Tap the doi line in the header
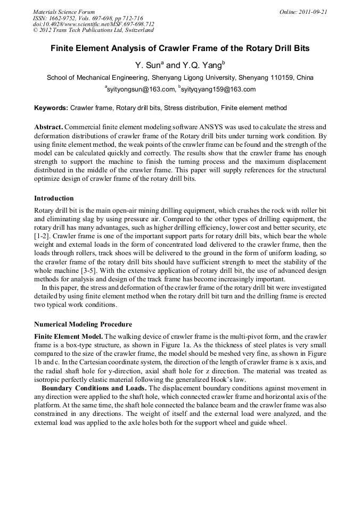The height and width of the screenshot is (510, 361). click(x=94, y=24)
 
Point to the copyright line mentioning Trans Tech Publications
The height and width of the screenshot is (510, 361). click(x=93, y=30)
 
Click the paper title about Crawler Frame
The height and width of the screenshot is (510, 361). click(x=180, y=48)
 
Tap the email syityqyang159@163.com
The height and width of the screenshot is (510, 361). click(x=218, y=89)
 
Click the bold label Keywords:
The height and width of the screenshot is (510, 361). click(x=51, y=108)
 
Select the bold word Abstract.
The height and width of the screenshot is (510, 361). click(x=49, y=128)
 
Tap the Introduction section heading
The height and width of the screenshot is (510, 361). click(x=54, y=198)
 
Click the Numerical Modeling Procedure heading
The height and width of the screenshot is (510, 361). click(x=83, y=324)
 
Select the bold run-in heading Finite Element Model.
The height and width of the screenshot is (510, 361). click(x=68, y=337)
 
